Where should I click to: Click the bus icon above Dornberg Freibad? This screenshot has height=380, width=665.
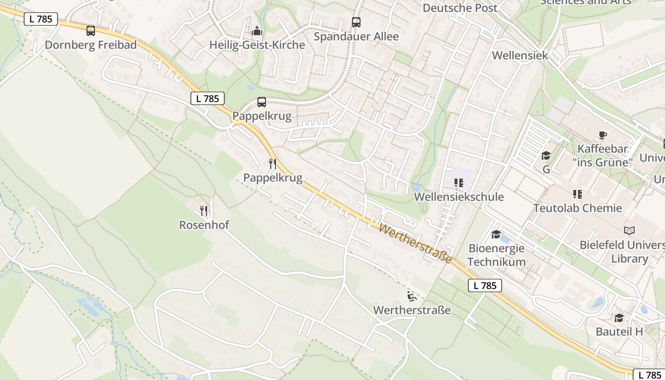(x=90, y=31)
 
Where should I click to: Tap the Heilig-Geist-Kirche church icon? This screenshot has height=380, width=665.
(x=257, y=31)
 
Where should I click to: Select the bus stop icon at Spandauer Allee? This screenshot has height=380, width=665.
(x=356, y=22)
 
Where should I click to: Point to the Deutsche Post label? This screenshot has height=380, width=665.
(x=460, y=8)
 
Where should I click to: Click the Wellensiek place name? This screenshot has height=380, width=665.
(x=520, y=55)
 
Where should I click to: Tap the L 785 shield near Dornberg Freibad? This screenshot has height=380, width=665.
(x=41, y=19)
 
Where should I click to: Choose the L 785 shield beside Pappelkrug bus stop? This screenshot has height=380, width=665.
(x=208, y=98)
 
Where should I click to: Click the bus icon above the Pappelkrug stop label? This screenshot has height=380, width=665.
(x=261, y=102)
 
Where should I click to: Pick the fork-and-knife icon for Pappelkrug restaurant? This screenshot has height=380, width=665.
(x=272, y=164)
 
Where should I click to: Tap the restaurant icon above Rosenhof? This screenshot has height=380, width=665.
(x=204, y=210)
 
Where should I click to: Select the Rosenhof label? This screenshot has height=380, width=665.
(x=204, y=225)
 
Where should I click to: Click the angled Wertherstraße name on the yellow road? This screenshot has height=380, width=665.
(x=415, y=244)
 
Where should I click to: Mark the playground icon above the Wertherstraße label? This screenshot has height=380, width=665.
(x=412, y=296)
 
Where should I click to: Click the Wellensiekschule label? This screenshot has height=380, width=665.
(x=458, y=197)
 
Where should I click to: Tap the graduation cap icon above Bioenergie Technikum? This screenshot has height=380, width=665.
(x=496, y=234)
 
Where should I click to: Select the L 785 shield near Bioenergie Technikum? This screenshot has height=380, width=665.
(x=485, y=285)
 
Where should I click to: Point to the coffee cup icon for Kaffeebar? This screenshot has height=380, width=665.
(x=602, y=135)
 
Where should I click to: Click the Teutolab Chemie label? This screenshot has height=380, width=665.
(x=577, y=208)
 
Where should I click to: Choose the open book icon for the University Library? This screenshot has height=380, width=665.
(x=629, y=231)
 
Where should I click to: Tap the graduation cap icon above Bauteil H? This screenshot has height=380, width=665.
(x=619, y=318)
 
